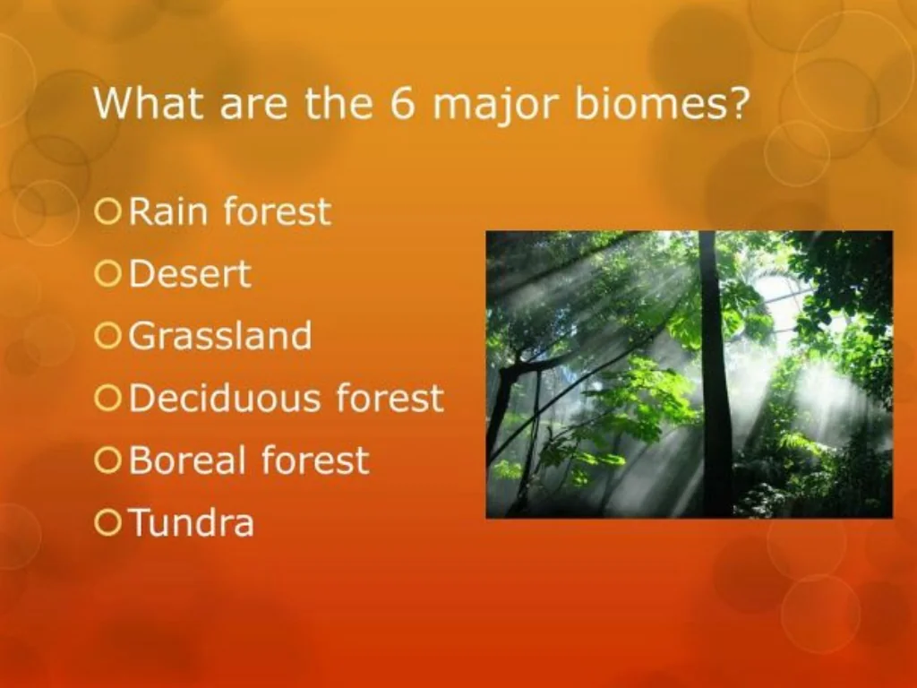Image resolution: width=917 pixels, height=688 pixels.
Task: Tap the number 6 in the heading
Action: (401, 104)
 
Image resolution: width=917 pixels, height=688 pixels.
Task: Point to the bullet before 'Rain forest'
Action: (107, 212)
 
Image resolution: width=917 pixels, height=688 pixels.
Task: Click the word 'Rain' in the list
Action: (169, 212)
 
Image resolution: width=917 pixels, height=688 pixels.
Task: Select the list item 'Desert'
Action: (190, 274)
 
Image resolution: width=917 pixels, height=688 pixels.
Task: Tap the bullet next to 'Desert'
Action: (107, 274)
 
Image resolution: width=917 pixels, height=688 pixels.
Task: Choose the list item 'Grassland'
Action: (220, 336)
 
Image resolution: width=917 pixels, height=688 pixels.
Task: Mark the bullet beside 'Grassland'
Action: (107, 336)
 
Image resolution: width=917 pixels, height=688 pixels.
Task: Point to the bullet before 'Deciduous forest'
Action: (107, 399)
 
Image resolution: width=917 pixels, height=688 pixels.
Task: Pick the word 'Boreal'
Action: (187, 460)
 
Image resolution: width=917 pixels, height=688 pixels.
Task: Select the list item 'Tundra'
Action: (192, 522)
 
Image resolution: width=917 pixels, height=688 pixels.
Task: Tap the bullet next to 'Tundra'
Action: (107, 522)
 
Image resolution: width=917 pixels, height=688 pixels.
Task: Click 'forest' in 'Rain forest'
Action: (277, 212)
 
